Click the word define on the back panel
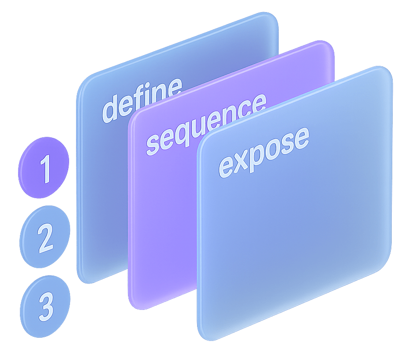[141, 99]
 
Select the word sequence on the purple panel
[206, 123]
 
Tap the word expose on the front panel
[263, 152]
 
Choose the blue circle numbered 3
[45, 304]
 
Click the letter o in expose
[279, 147]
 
